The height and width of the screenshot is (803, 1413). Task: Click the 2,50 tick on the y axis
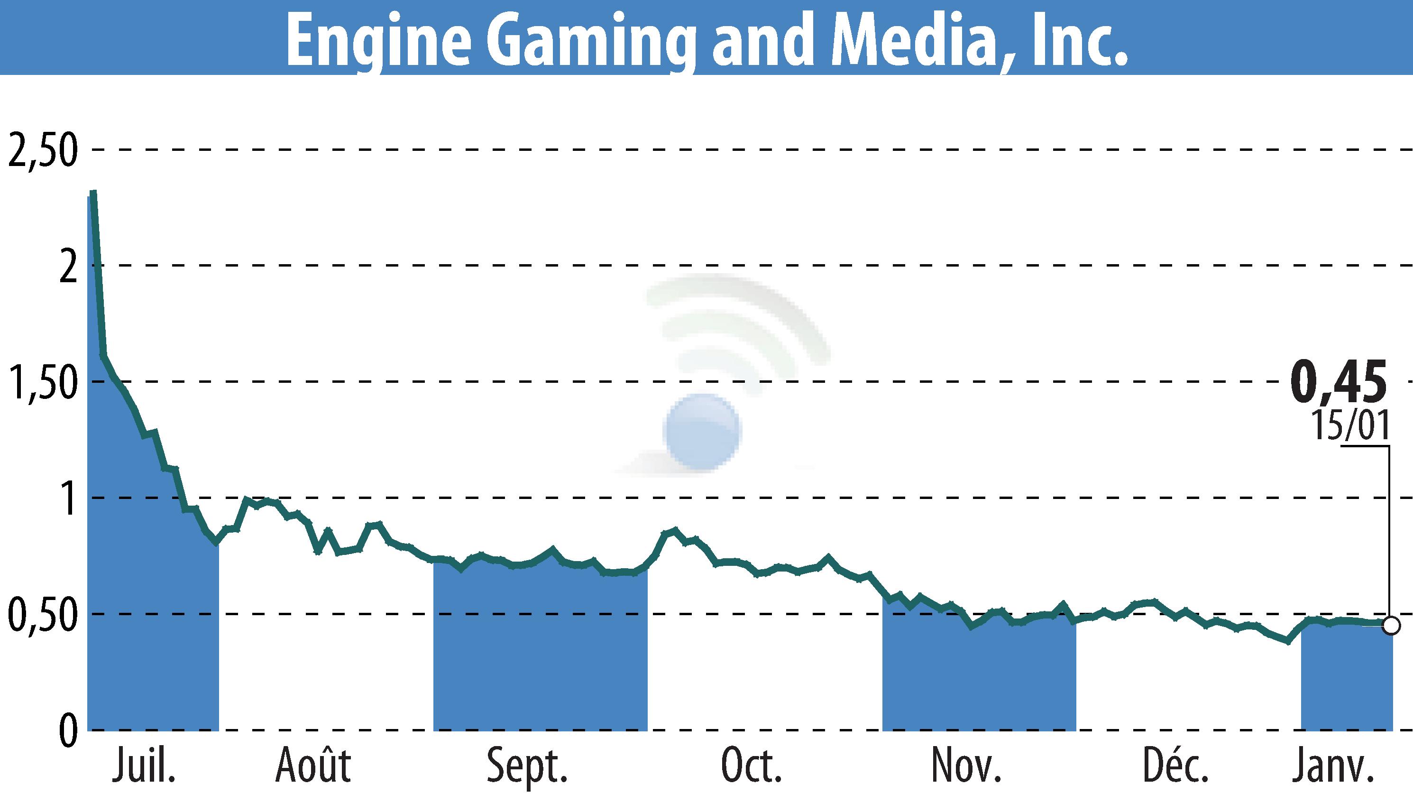tap(41, 150)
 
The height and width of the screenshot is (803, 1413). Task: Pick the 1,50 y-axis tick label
tap(41, 383)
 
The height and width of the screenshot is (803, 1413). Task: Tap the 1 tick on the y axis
tap(69, 499)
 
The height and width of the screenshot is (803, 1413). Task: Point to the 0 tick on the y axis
tap(68, 731)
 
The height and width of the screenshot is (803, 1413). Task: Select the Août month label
tap(313, 766)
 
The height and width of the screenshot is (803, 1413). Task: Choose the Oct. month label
tap(752, 766)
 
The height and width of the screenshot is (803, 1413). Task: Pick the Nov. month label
tap(966, 766)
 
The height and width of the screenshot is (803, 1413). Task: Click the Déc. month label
tap(1176, 766)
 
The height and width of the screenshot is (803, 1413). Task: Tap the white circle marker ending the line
tap(1391, 626)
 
